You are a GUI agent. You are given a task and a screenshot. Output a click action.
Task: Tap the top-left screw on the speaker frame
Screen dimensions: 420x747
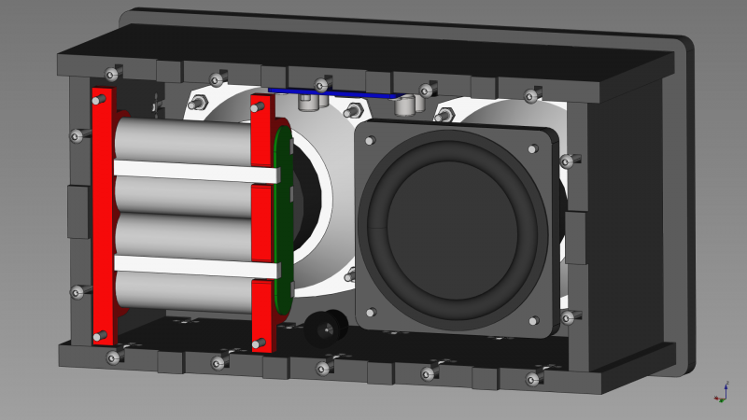(371, 141)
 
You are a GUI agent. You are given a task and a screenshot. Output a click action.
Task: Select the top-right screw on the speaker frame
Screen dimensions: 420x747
(533, 148)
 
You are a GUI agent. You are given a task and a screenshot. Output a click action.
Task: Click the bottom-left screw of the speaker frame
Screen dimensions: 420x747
(371, 312)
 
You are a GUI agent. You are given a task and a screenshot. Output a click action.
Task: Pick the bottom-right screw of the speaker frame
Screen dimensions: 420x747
(534, 321)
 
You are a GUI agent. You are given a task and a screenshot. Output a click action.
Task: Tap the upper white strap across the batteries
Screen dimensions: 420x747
(196, 171)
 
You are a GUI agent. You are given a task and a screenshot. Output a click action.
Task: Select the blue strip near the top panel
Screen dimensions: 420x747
(336, 93)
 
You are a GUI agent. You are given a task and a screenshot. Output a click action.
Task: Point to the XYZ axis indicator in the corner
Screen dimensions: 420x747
(721, 393)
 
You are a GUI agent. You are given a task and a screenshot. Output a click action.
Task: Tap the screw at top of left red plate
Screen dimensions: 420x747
(100, 99)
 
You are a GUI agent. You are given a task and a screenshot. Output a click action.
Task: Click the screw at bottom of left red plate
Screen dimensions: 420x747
(100, 337)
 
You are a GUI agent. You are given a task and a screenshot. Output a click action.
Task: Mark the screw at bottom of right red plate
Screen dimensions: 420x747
(259, 344)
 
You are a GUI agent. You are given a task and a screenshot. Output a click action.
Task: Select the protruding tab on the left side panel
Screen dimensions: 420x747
(78, 211)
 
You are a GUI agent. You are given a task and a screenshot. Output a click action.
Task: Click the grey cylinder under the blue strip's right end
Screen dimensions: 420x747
(405, 105)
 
